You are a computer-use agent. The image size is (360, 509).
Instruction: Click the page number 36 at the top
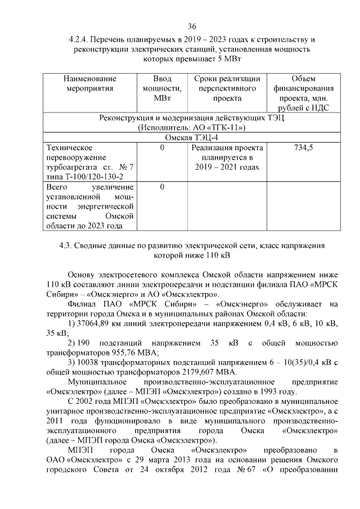point(192,27)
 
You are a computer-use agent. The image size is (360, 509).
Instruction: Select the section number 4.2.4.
point(80,40)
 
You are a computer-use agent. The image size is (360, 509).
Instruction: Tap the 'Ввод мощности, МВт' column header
point(162,88)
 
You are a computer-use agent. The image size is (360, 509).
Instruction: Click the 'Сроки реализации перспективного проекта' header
point(227,88)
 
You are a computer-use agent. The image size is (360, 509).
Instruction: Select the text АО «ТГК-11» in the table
point(220,128)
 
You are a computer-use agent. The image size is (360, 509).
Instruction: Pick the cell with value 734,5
point(304,148)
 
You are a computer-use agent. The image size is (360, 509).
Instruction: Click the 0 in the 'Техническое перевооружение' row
point(162,148)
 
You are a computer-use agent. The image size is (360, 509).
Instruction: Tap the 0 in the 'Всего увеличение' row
point(162,187)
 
